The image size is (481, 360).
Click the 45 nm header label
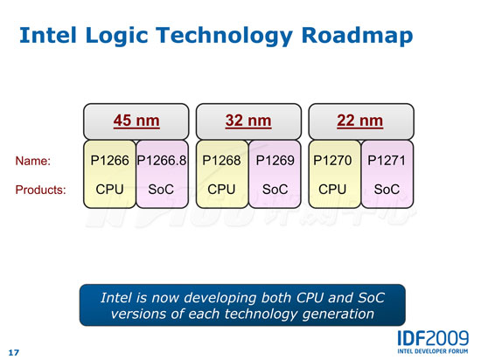tap(136, 121)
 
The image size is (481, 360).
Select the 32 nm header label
tap(248, 121)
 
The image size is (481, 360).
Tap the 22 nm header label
tap(360, 121)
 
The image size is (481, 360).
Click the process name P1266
tap(109, 161)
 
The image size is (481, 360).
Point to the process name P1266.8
tap(162, 161)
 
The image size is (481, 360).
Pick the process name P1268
tap(221, 161)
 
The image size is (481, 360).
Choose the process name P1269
tap(275, 161)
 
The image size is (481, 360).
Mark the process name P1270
tap(332, 161)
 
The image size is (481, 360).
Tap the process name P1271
tap(387, 161)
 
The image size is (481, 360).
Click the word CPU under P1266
tap(109, 190)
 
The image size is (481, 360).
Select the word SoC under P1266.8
tap(161, 190)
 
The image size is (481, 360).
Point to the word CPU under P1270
tap(332, 190)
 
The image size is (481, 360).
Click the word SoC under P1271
tap(387, 190)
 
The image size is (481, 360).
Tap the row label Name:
tap(33, 161)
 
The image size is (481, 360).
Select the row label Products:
tap(41, 190)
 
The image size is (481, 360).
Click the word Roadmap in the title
tap(357, 35)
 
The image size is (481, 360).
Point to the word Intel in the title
tap(48, 35)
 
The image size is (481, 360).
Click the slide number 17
tap(13, 353)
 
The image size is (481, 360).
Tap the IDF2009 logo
tap(433, 342)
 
